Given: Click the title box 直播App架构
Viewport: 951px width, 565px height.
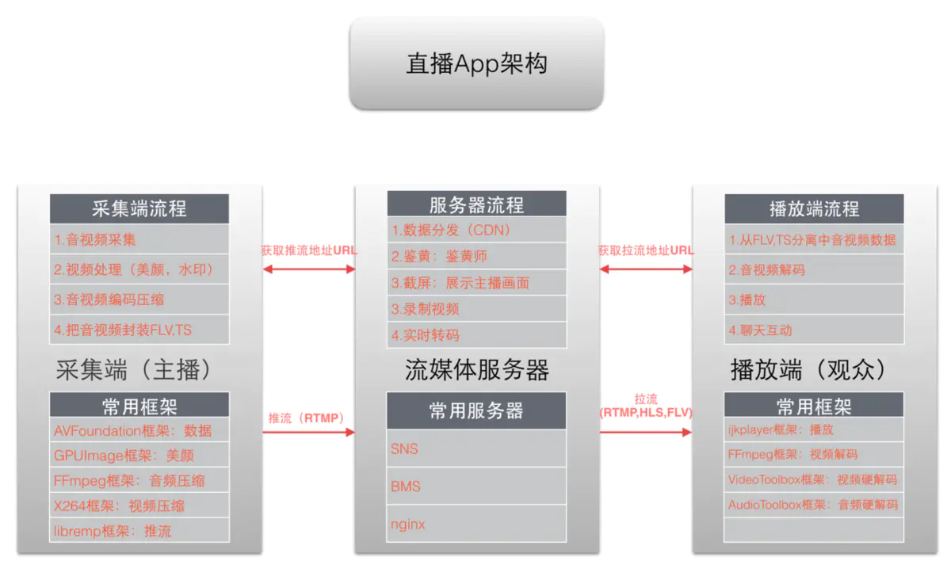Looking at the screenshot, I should tap(476, 63).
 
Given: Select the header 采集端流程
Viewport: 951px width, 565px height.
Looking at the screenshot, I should tap(139, 209).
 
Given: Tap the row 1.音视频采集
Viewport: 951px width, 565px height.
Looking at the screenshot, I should tap(139, 239).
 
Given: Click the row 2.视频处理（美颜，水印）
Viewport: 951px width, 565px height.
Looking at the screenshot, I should tap(139, 269).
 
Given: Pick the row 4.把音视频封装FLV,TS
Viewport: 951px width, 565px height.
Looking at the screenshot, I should tap(139, 330).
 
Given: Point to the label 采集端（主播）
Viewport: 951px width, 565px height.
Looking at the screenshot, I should tap(139, 370).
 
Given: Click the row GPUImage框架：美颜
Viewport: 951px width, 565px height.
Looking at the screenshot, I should tap(139, 456).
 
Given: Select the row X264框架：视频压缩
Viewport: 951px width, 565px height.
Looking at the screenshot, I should tap(139, 506).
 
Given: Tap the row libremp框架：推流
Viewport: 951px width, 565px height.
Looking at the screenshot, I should tap(139, 530).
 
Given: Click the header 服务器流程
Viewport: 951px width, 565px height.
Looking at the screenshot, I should tap(476, 205).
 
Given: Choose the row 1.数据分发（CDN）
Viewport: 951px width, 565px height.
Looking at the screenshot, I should tap(476, 231).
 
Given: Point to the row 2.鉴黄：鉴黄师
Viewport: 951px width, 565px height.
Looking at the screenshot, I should tap(476, 257).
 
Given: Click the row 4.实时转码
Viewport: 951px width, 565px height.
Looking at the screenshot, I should tap(476, 334).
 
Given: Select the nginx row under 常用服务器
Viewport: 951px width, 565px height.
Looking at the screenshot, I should tap(476, 524).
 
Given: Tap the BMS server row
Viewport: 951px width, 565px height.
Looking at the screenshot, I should tap(476, 486).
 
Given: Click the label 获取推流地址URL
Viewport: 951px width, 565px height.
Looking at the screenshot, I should tap(309, 250).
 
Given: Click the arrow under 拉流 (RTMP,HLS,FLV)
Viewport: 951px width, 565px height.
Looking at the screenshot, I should tap(646, 433).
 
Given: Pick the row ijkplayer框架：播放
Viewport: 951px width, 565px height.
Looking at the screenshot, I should tap(814, 429).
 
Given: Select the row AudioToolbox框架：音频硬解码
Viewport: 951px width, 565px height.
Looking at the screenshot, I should tap(814, 505).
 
